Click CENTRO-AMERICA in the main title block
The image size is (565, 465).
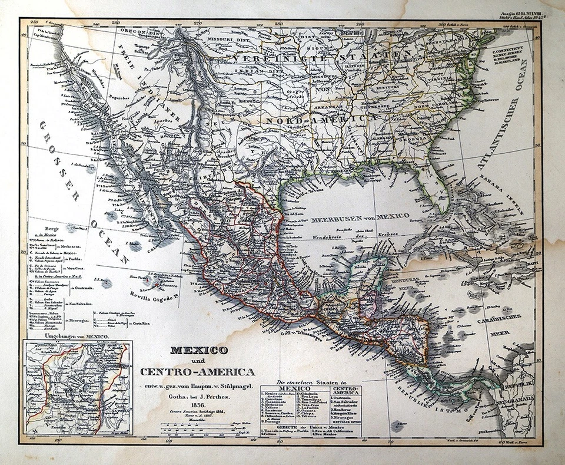(x=198, y=372)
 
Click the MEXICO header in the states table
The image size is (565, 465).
(x=294, y=389)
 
